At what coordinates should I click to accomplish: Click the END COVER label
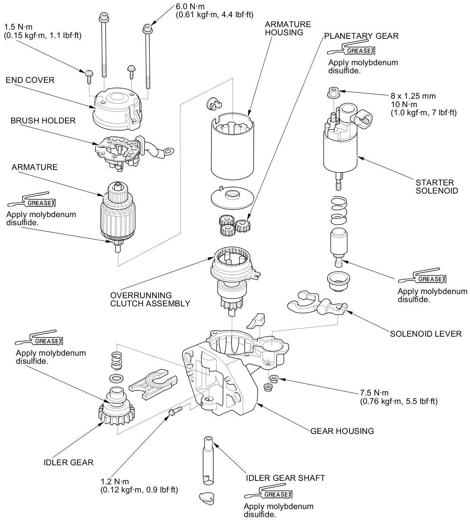(30, 80)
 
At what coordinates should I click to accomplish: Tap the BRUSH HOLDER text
(43, 121)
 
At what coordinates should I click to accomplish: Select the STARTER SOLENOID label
(437, 186)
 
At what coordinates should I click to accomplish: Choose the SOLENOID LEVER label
(426, 334)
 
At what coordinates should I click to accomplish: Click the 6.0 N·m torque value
(190, 6)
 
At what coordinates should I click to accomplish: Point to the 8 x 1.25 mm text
(413, 96)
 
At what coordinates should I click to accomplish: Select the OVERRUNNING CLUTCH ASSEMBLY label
(150, 299)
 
